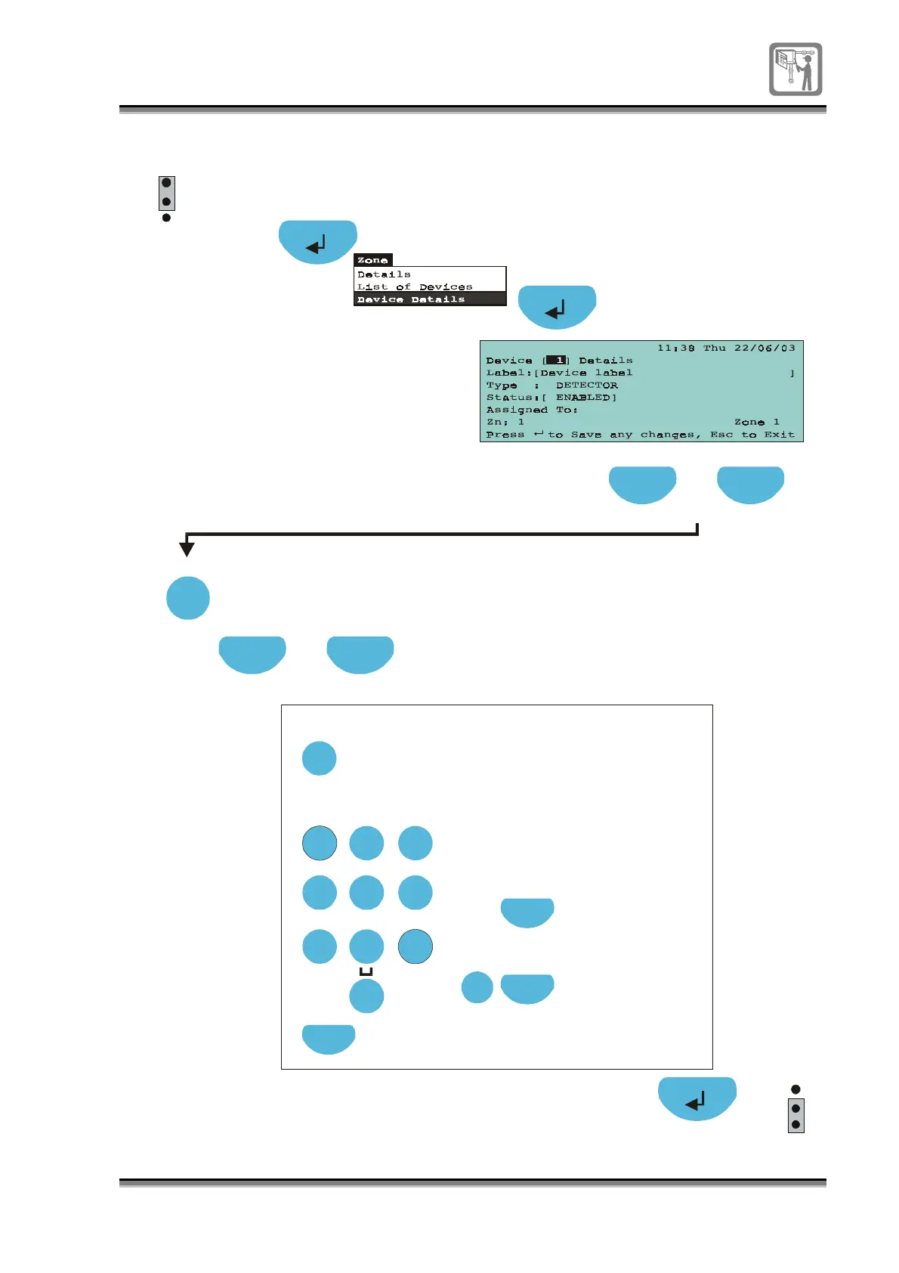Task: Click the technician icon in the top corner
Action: point(796,69)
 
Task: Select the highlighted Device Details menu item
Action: point(411,299)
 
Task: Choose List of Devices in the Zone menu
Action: point(415,287)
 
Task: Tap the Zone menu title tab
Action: point(372,260)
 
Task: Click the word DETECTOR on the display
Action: point(587,386)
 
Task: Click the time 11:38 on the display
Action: point(675,348)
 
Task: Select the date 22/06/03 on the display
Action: point(765,348)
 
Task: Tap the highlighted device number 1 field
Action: point(557,361)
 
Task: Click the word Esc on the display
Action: point(721,435)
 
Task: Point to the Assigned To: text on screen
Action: point(532,410)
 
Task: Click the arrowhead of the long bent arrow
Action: point(187,549)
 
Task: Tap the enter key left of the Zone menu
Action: point(317,242)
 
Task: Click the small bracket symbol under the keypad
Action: point(366,972)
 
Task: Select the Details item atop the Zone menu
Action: point(384,274)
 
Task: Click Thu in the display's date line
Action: point(715,348)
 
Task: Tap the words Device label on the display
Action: point(586,373)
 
